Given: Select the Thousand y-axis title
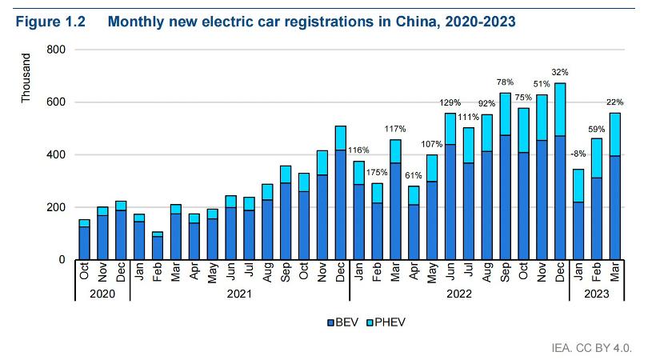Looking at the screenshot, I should (x=26, y=78).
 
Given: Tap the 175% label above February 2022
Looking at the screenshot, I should (x=376, y=172).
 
